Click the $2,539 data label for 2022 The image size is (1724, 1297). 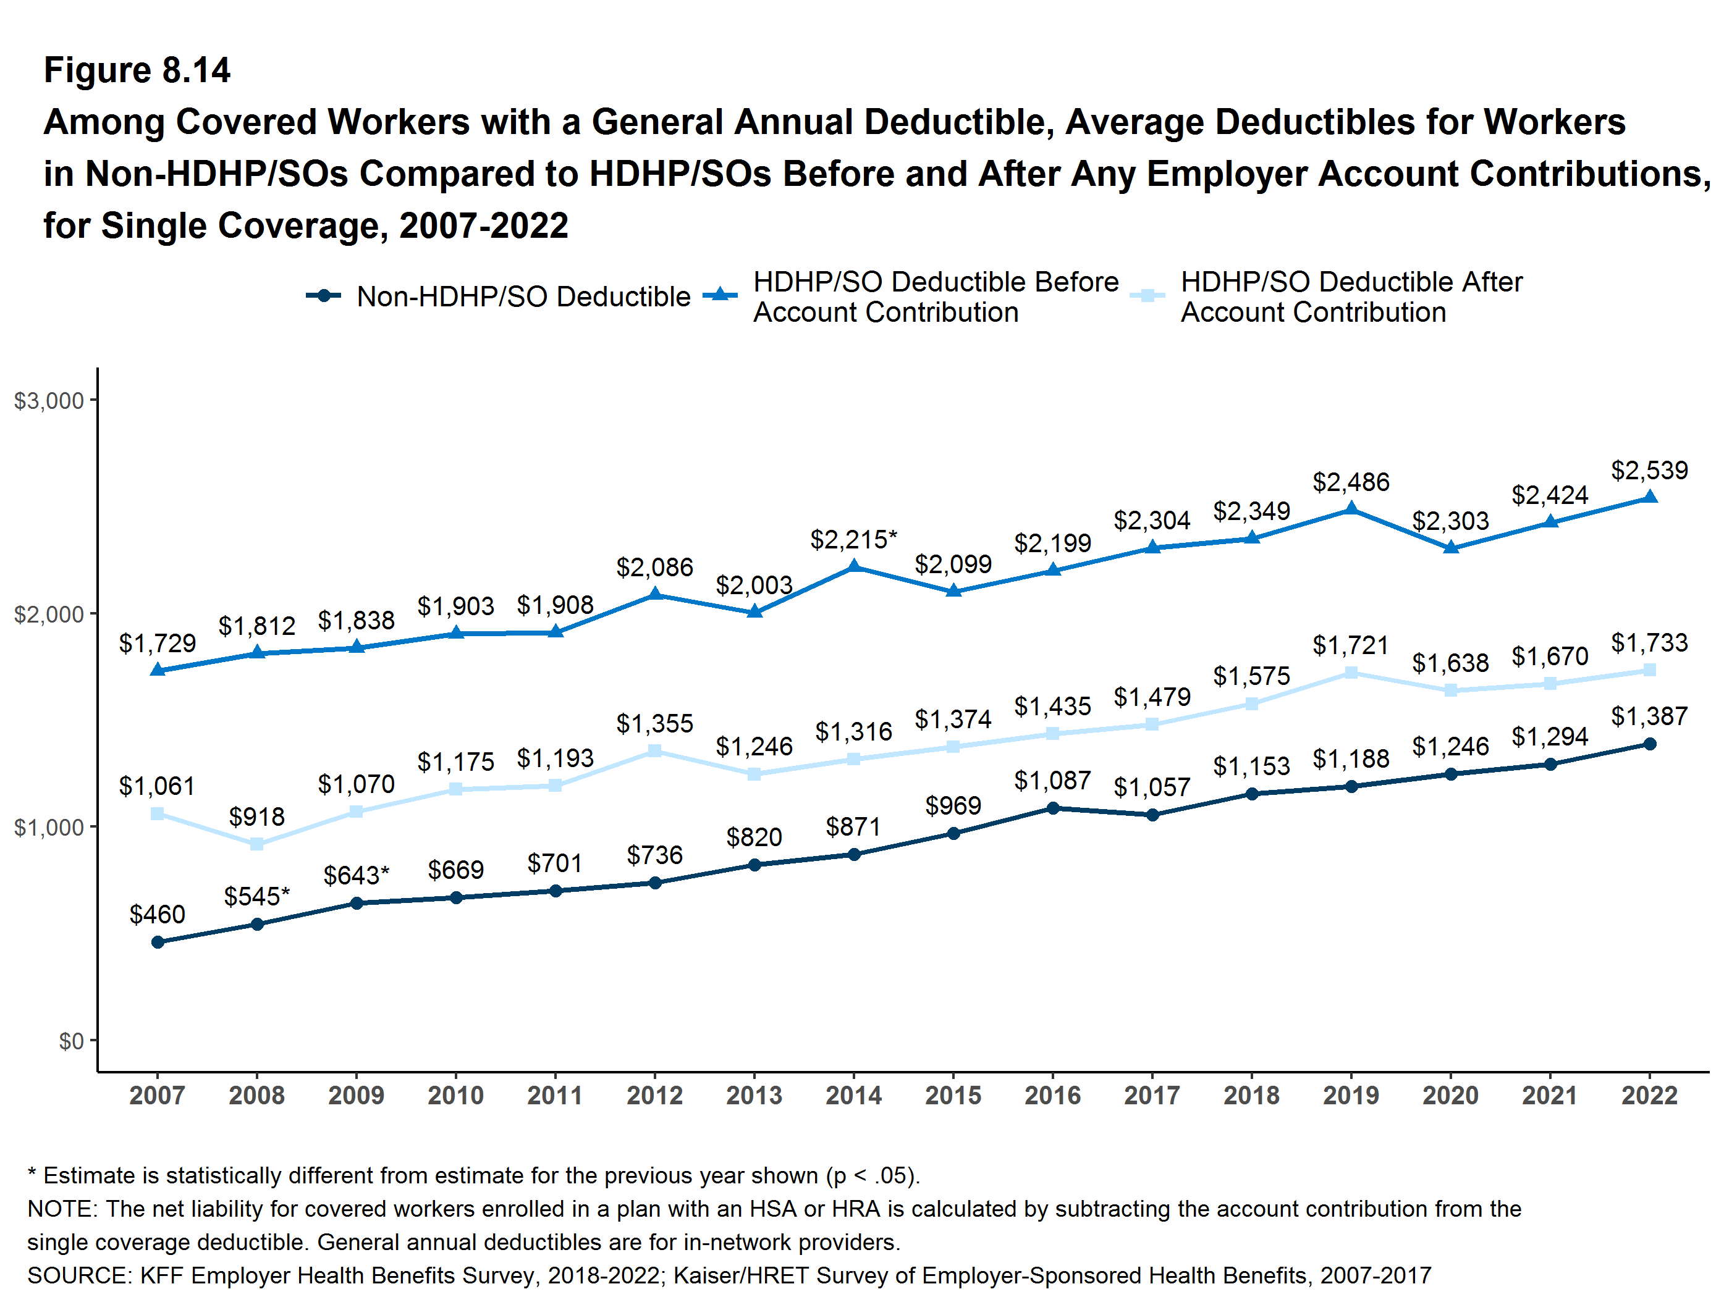coord(1649,471)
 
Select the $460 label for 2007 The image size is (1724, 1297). coord(158,913)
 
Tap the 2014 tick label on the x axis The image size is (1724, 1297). coord(853,1095)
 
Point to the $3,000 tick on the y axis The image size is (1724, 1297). coord(48,400)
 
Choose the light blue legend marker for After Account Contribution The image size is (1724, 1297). coord(1147,296)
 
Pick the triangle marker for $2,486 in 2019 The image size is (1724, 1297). coord(1351,509)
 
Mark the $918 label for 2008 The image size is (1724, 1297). coord(256,816)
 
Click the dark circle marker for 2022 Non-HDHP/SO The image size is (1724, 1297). coord(1649,744)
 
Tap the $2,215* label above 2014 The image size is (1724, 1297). coord(853,539)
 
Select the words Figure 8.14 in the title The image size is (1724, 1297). coord(137,70)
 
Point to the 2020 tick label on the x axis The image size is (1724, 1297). coord(1450,1095)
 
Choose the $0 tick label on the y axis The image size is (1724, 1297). coord(71,1041)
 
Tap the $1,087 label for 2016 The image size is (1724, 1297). coord(1052,781)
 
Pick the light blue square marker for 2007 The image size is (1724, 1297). coord(158,813)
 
